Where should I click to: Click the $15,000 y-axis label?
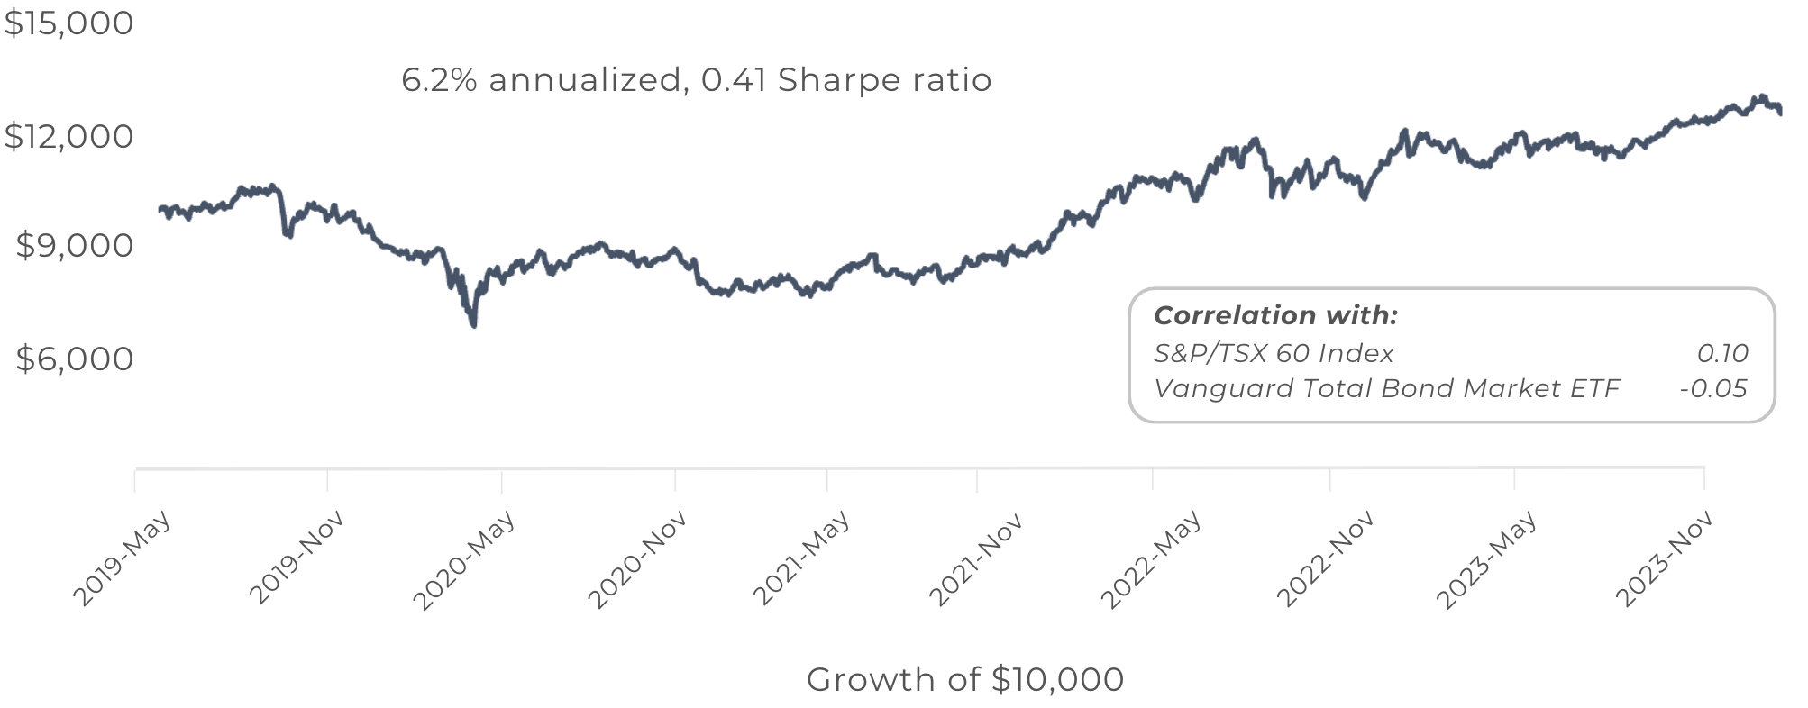point(69,23)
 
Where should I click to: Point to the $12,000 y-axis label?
point(69,136)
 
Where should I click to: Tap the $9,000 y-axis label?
point(75,245)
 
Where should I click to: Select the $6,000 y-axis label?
point(75,359)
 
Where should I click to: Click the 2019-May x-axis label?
point(122,559)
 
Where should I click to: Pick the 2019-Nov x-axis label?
point(297,558)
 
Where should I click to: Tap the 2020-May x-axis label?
point(464,559)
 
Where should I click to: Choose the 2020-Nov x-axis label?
point(638,559)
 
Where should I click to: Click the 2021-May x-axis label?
point(801,558)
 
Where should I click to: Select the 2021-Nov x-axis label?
point(976,558)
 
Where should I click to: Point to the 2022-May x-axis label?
point(1151,559)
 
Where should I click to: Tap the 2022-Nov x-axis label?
point(1326,558)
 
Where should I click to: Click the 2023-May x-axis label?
point(1486,559)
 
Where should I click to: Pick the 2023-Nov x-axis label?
point(1665,558)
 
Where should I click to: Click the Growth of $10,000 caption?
point(965,679)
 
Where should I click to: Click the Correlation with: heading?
point(1275,315)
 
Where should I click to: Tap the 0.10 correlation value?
point(1722,353)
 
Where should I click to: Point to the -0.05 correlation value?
point(1713,388)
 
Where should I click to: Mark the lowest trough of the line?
point(474,324)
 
